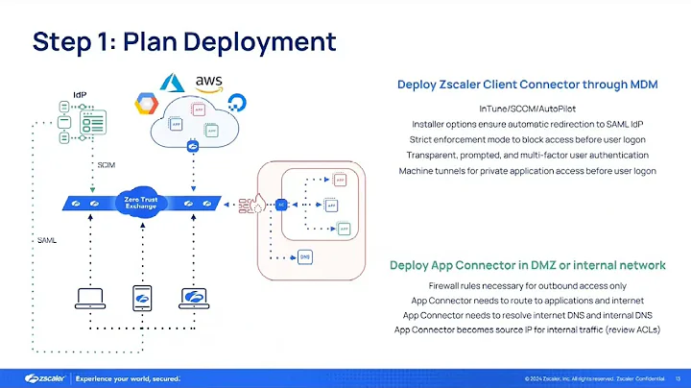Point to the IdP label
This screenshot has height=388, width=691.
(x=81, y=94)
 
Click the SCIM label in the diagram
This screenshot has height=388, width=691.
(x=107, y=165)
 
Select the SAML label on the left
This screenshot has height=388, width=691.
(x=45, y=239)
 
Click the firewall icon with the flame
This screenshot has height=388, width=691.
(x=257, y=204)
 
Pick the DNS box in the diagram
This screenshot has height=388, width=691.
(x=304, y=256)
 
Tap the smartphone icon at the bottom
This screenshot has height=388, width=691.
(x=141, y=298)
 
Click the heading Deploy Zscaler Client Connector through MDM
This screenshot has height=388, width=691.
(x=527, y=85)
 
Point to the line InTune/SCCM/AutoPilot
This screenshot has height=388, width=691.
(x=527, y=108)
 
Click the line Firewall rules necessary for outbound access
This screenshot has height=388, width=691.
(x=527, y=286)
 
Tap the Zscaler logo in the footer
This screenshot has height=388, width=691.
(x=37, y=376)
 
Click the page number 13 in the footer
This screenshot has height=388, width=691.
(x=679, y=376)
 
